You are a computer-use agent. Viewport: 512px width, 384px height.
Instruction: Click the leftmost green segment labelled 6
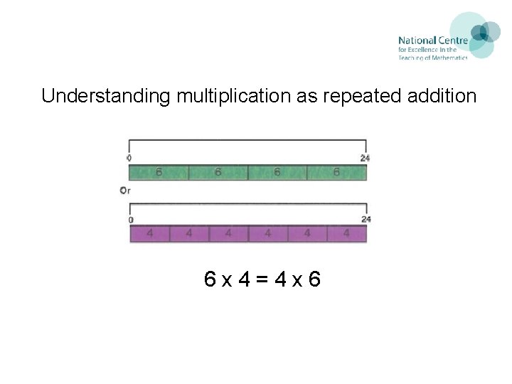click(159, 173)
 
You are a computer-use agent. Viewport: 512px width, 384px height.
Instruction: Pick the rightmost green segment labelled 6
click(336, 173)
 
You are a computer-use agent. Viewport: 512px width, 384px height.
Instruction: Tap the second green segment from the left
click(218, 173)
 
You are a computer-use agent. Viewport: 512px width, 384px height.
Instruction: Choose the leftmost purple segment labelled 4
click(149, 233)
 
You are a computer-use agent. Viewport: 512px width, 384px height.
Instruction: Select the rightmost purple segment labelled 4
click(346, 233)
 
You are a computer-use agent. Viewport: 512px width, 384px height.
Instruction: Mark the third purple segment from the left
click(228, 233)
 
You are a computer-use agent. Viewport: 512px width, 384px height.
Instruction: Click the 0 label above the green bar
click(129, 158)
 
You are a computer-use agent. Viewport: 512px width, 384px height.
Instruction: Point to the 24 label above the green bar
click(365, 158)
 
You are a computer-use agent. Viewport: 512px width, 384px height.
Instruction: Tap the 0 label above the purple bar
click(131, 220)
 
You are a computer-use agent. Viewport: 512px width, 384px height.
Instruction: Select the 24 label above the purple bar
click(366, 219)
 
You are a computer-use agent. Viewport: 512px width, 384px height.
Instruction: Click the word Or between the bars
click(125, 191)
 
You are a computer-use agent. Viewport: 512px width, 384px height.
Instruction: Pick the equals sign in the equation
click(262, 279)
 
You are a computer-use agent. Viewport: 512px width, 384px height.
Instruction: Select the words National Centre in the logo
click(432, 41)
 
